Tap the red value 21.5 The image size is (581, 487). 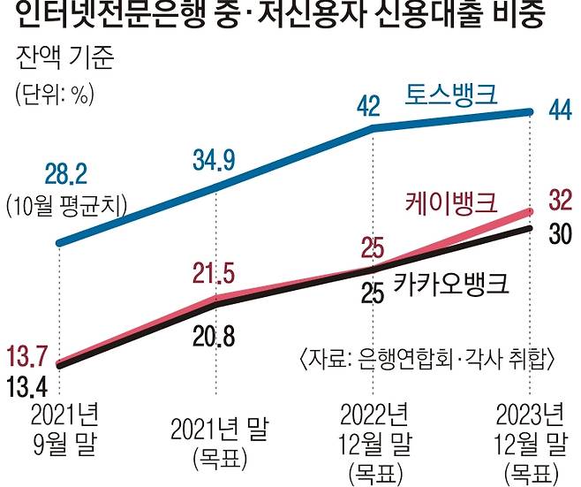[212, 268]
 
